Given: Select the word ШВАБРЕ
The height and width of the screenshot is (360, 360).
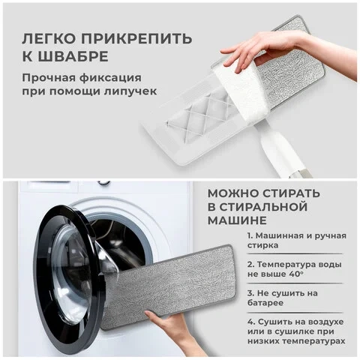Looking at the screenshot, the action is (x=73, y=57).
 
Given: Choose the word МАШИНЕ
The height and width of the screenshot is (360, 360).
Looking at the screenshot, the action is (x=237, y=220).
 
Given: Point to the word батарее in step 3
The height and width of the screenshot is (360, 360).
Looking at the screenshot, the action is (x=265, y=303).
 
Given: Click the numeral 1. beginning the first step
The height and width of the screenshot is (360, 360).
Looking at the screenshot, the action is (x=250, y=235).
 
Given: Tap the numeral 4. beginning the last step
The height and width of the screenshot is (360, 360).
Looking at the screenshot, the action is (x=251, y=322).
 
